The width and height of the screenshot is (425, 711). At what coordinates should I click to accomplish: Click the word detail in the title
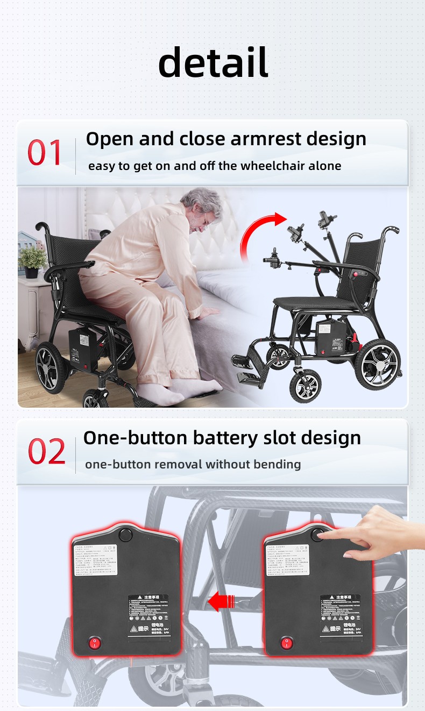(x=213, y=62)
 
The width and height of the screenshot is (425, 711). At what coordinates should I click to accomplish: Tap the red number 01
(x=45, y=153)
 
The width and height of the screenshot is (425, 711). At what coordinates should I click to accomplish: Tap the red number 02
(x=46, y=452)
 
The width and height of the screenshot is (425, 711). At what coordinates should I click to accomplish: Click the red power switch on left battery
(x=95, y=642)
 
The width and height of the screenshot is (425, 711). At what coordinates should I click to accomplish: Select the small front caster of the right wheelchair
(x=305, y=386)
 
